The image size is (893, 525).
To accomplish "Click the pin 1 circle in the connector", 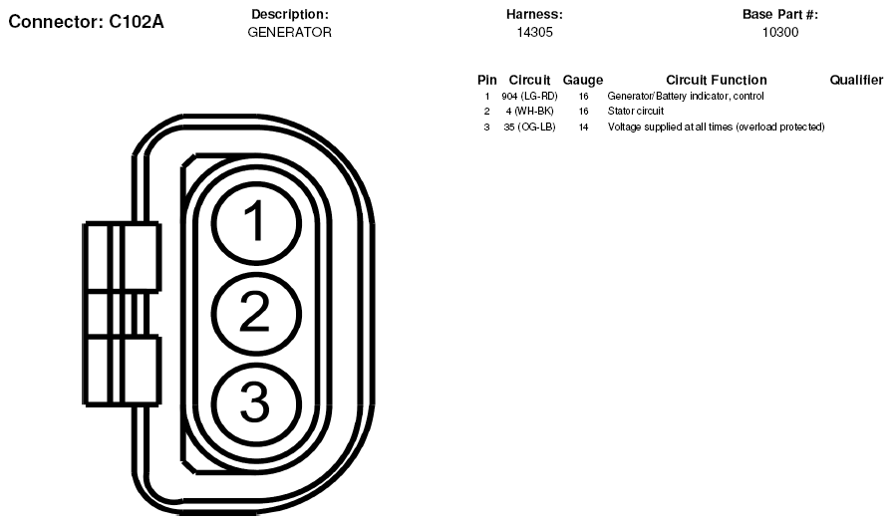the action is (x=256, y=222).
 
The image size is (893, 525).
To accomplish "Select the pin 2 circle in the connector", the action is (x=256, y=313).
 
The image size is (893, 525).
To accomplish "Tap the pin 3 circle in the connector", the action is (x=256, y=402).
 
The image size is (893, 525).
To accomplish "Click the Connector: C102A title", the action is (x=86, y=22).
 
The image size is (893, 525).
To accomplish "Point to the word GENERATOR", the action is (x=289, y=33).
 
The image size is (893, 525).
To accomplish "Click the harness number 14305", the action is (x=535, y=33).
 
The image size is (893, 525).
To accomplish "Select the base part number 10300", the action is (x=780, y=33).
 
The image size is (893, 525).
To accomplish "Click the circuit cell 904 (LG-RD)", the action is (x=529, y=97).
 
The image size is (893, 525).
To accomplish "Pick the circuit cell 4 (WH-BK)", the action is (x=529, y=111).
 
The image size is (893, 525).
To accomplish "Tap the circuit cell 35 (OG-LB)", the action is (x=529, y=127).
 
